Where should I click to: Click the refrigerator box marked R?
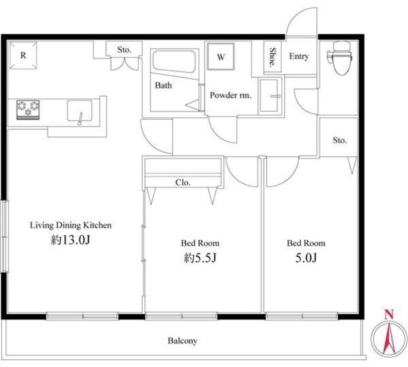pyautogui.click(x=23, y=55)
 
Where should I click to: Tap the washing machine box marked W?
pyautogui.click(x=221, y=57)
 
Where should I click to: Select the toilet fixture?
pyautogui.click(x=340, y=58)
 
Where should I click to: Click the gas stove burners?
pyautogui.click(x=28, y=110)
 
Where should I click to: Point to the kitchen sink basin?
pyautogui.click(x=80, y=111)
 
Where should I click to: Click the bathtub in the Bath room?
pyautogui.click(x=174, y=62)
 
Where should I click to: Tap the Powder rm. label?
pyautogui.click(x=231, y=95)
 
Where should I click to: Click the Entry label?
pyautogui.click(x=299, y=56)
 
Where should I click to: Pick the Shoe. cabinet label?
pyautogui.click(x=272, y=57)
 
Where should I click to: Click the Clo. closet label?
pyautogui.click(x=183, y=183)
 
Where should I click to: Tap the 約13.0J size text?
pyautogui.click(x=71, y=240)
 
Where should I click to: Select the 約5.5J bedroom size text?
pyautogui.click(x=200, y=258)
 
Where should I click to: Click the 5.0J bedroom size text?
pyautogui.click(x=306, y=258)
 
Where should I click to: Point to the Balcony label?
pyautogui.click(x=182, y=341)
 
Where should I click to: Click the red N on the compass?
pyautogui.click(x=389, y=315)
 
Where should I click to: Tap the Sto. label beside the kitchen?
pyautogui.click(x=124, y=50)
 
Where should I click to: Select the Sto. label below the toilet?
pyautogui.click(x=340, y=140)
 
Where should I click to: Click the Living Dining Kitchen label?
pyautogui.click(x=71, y=226)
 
